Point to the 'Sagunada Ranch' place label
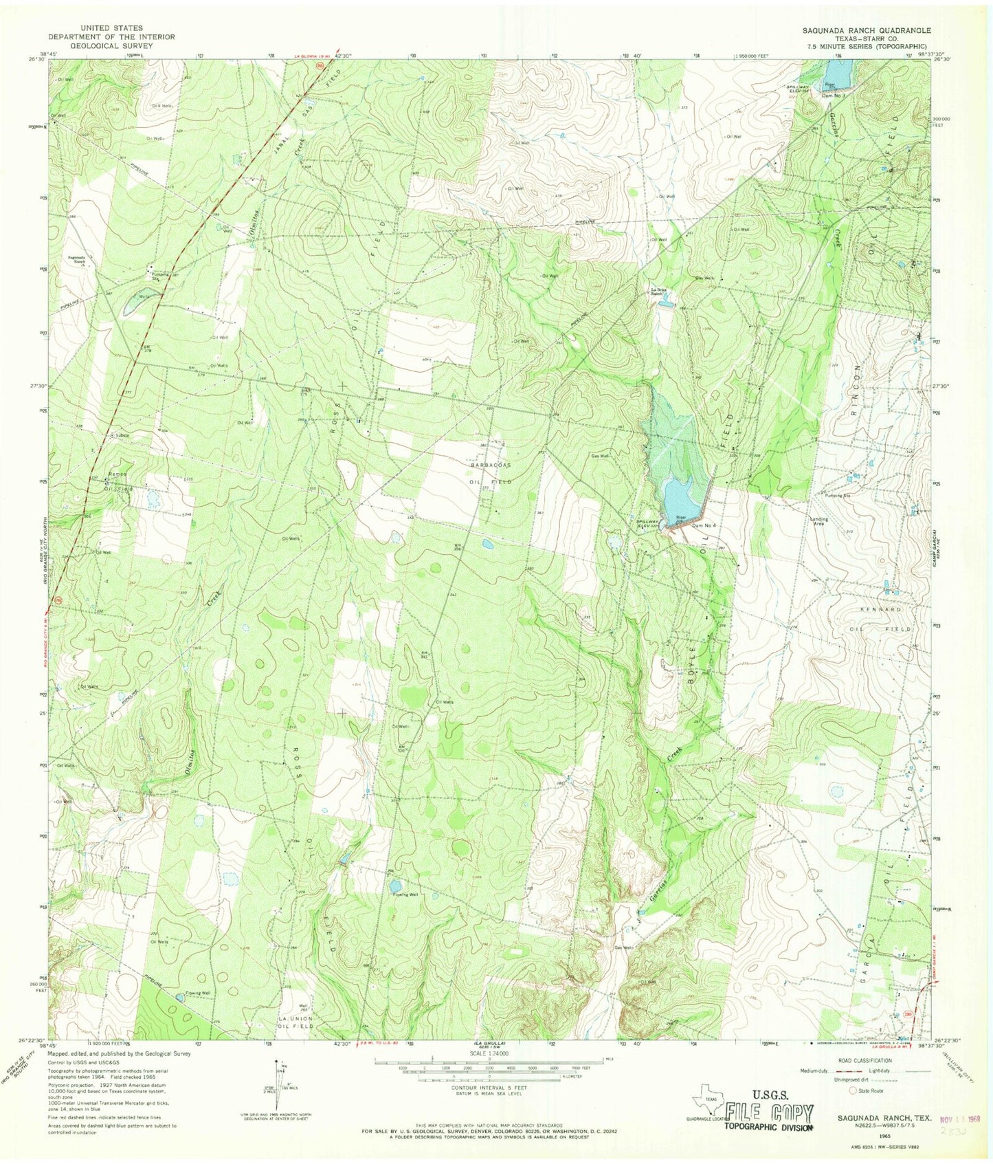[x=80, y=260]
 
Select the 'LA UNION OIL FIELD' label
[x=295, y=1022]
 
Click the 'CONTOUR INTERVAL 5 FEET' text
[x=487, y=1088]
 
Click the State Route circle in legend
[x=855, y=1090]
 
